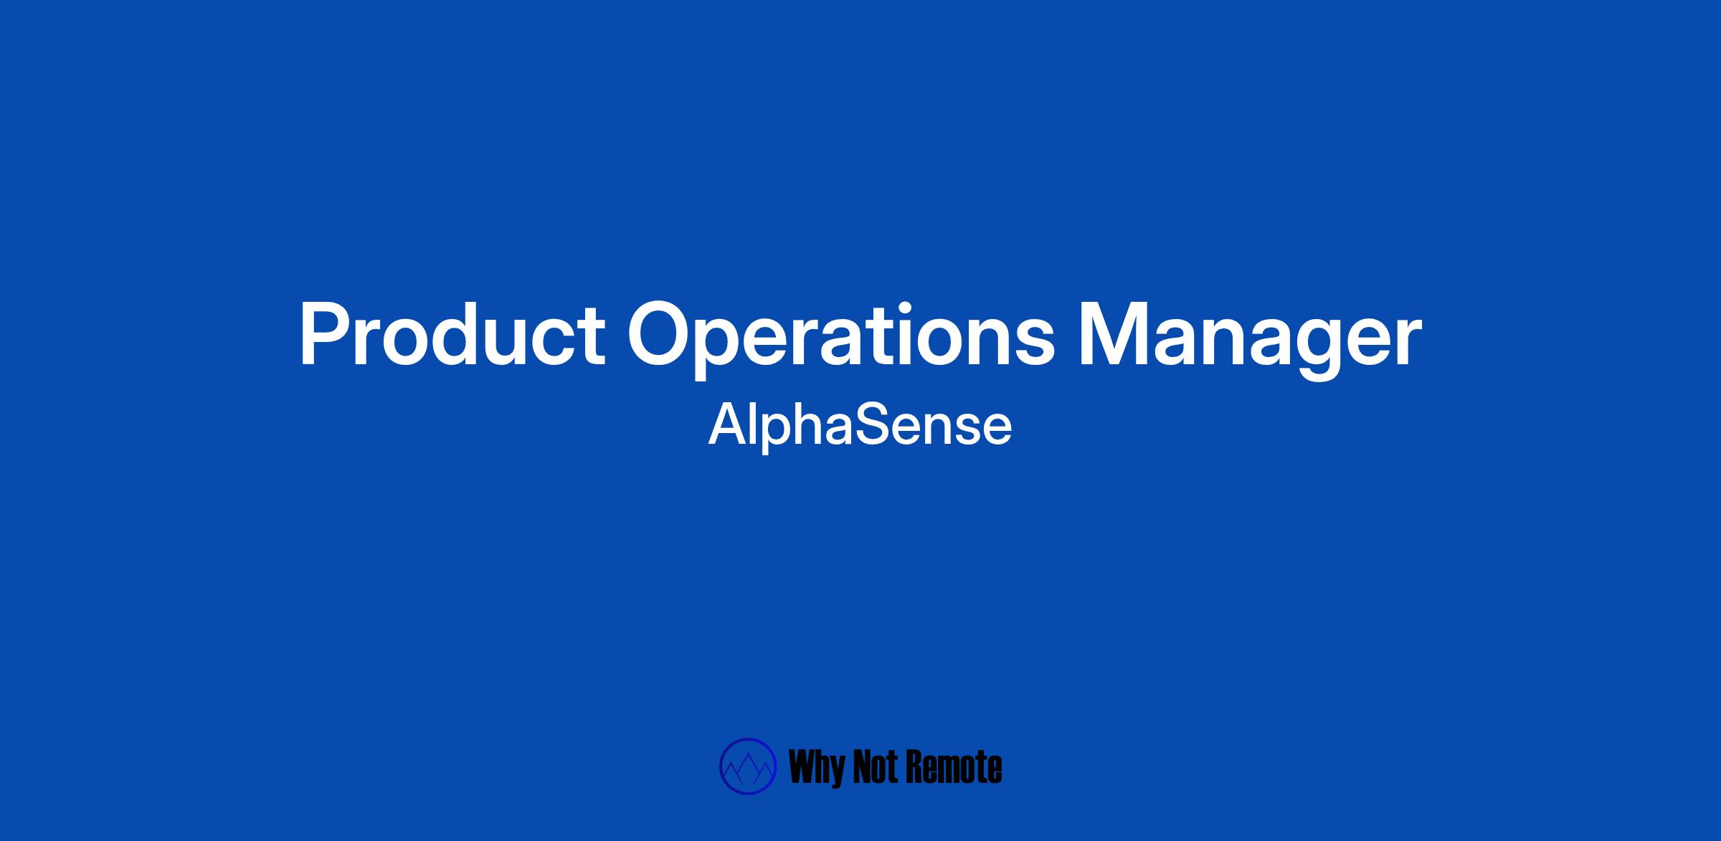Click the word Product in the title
(452, 334)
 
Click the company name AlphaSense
(860, 426)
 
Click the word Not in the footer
(878, 767)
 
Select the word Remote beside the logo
(955, 767)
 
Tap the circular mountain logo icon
(748, 766)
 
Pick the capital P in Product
(323, 335)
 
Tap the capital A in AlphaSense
(728, 424)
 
